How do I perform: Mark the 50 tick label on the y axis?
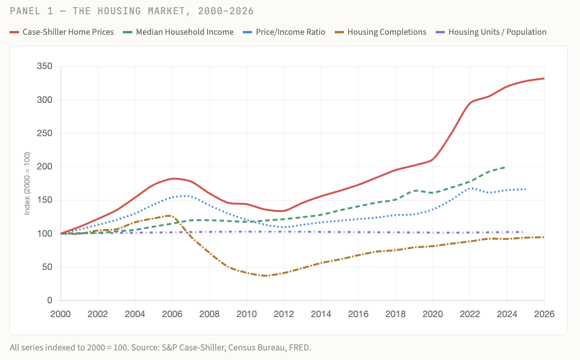pos(47,267)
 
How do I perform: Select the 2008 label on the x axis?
pos(210,315)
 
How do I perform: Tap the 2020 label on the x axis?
pos(432,315)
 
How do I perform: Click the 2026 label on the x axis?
pos(544,315)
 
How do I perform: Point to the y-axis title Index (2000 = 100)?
pos(27,183)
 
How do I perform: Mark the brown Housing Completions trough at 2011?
pos(265,276)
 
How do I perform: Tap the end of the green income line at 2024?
pos(507,167)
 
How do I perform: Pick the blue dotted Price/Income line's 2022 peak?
pos(470,188)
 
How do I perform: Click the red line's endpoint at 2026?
pos(544,79)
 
